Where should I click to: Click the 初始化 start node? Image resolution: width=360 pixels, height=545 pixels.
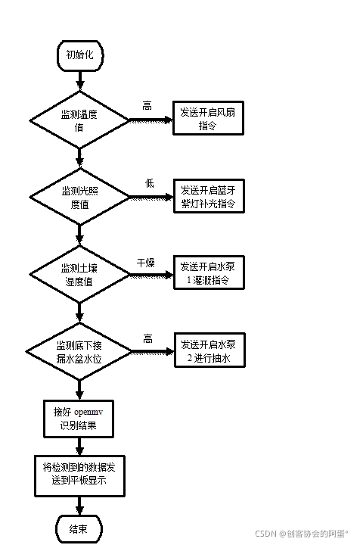point(80,54)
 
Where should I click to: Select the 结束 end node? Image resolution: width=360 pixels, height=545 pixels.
point(80,528)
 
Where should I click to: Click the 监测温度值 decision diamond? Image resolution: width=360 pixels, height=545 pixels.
point(79,120)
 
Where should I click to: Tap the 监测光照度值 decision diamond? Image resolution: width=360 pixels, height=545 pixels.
point(79,198)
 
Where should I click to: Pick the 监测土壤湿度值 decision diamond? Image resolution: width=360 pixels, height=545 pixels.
point(79,274)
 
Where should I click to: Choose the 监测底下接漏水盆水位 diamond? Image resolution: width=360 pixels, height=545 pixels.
point(79,350)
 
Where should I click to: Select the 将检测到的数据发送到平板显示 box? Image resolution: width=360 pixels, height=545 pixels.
point(80,475)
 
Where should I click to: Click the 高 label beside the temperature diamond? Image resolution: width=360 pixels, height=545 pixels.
point(147,107)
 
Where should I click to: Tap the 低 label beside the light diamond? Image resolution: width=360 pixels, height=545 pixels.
point(149,184)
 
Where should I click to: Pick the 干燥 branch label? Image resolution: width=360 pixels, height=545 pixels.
point(145,263)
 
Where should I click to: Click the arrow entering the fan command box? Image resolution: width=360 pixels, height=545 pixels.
point(151,120)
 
